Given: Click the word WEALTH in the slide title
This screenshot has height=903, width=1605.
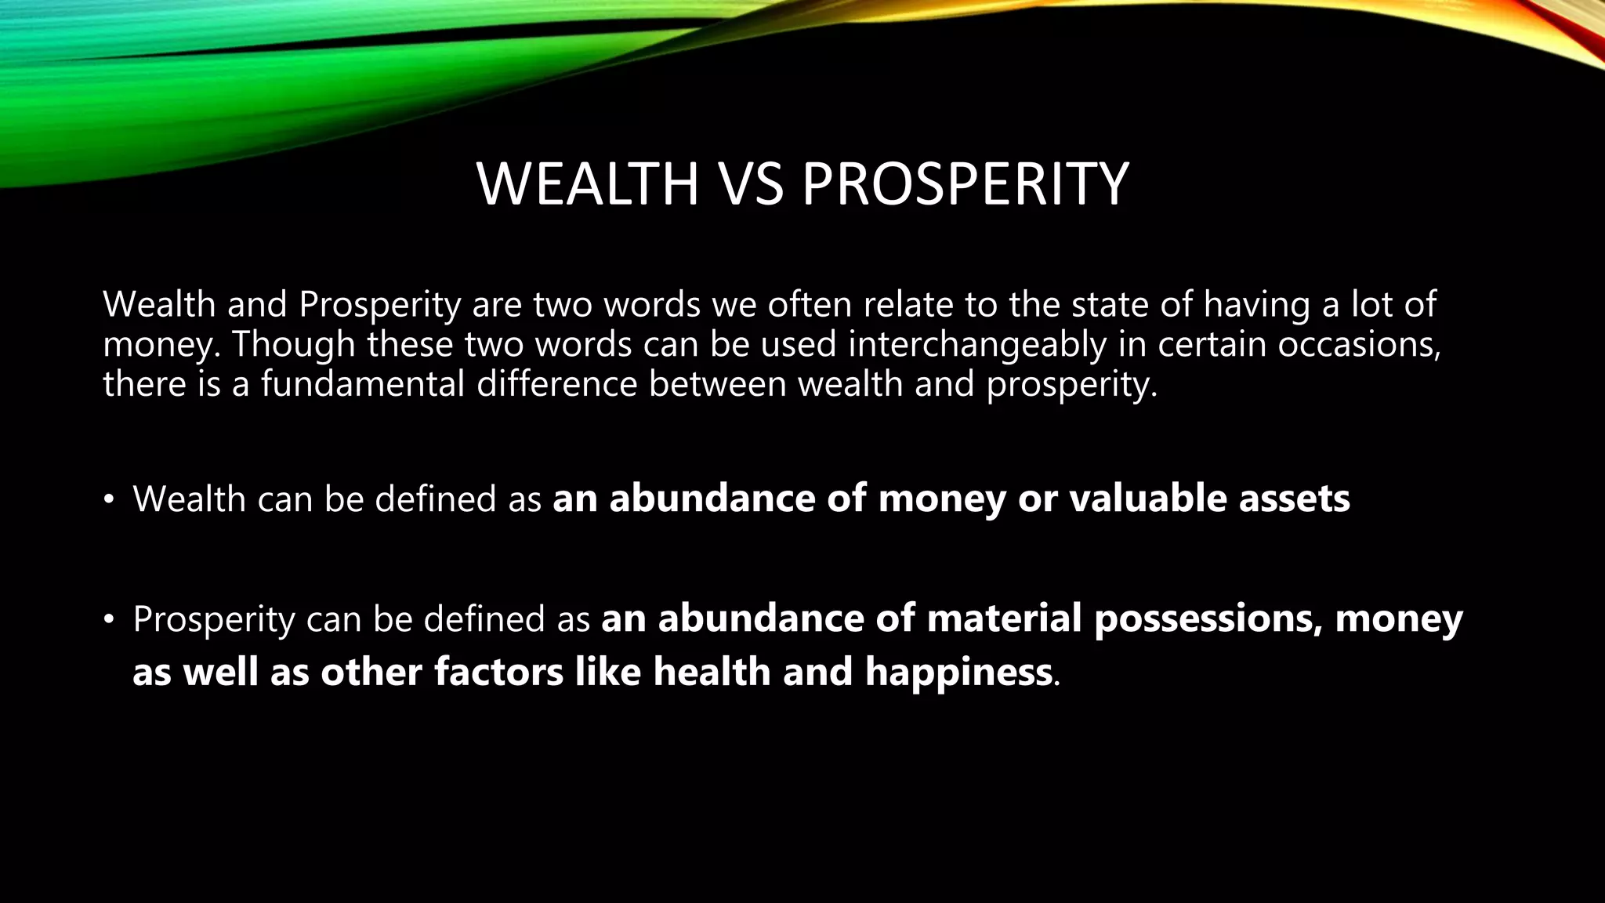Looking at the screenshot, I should coord(587,184).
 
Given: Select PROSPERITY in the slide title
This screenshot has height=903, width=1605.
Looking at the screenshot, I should coord(965,184).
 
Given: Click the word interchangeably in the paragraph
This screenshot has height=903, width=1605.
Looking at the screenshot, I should coord(977,346).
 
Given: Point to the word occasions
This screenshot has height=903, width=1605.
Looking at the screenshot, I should coord(1358,346).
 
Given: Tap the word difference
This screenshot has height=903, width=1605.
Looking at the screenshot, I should coord(557,385).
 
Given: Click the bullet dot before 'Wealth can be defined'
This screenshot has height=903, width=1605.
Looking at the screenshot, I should coord(109,499).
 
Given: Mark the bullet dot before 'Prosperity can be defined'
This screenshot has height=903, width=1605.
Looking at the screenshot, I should coord(109,620).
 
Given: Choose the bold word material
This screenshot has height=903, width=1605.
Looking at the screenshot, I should coord(1004,618).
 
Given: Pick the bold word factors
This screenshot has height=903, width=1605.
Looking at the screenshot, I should coord(498,673).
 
